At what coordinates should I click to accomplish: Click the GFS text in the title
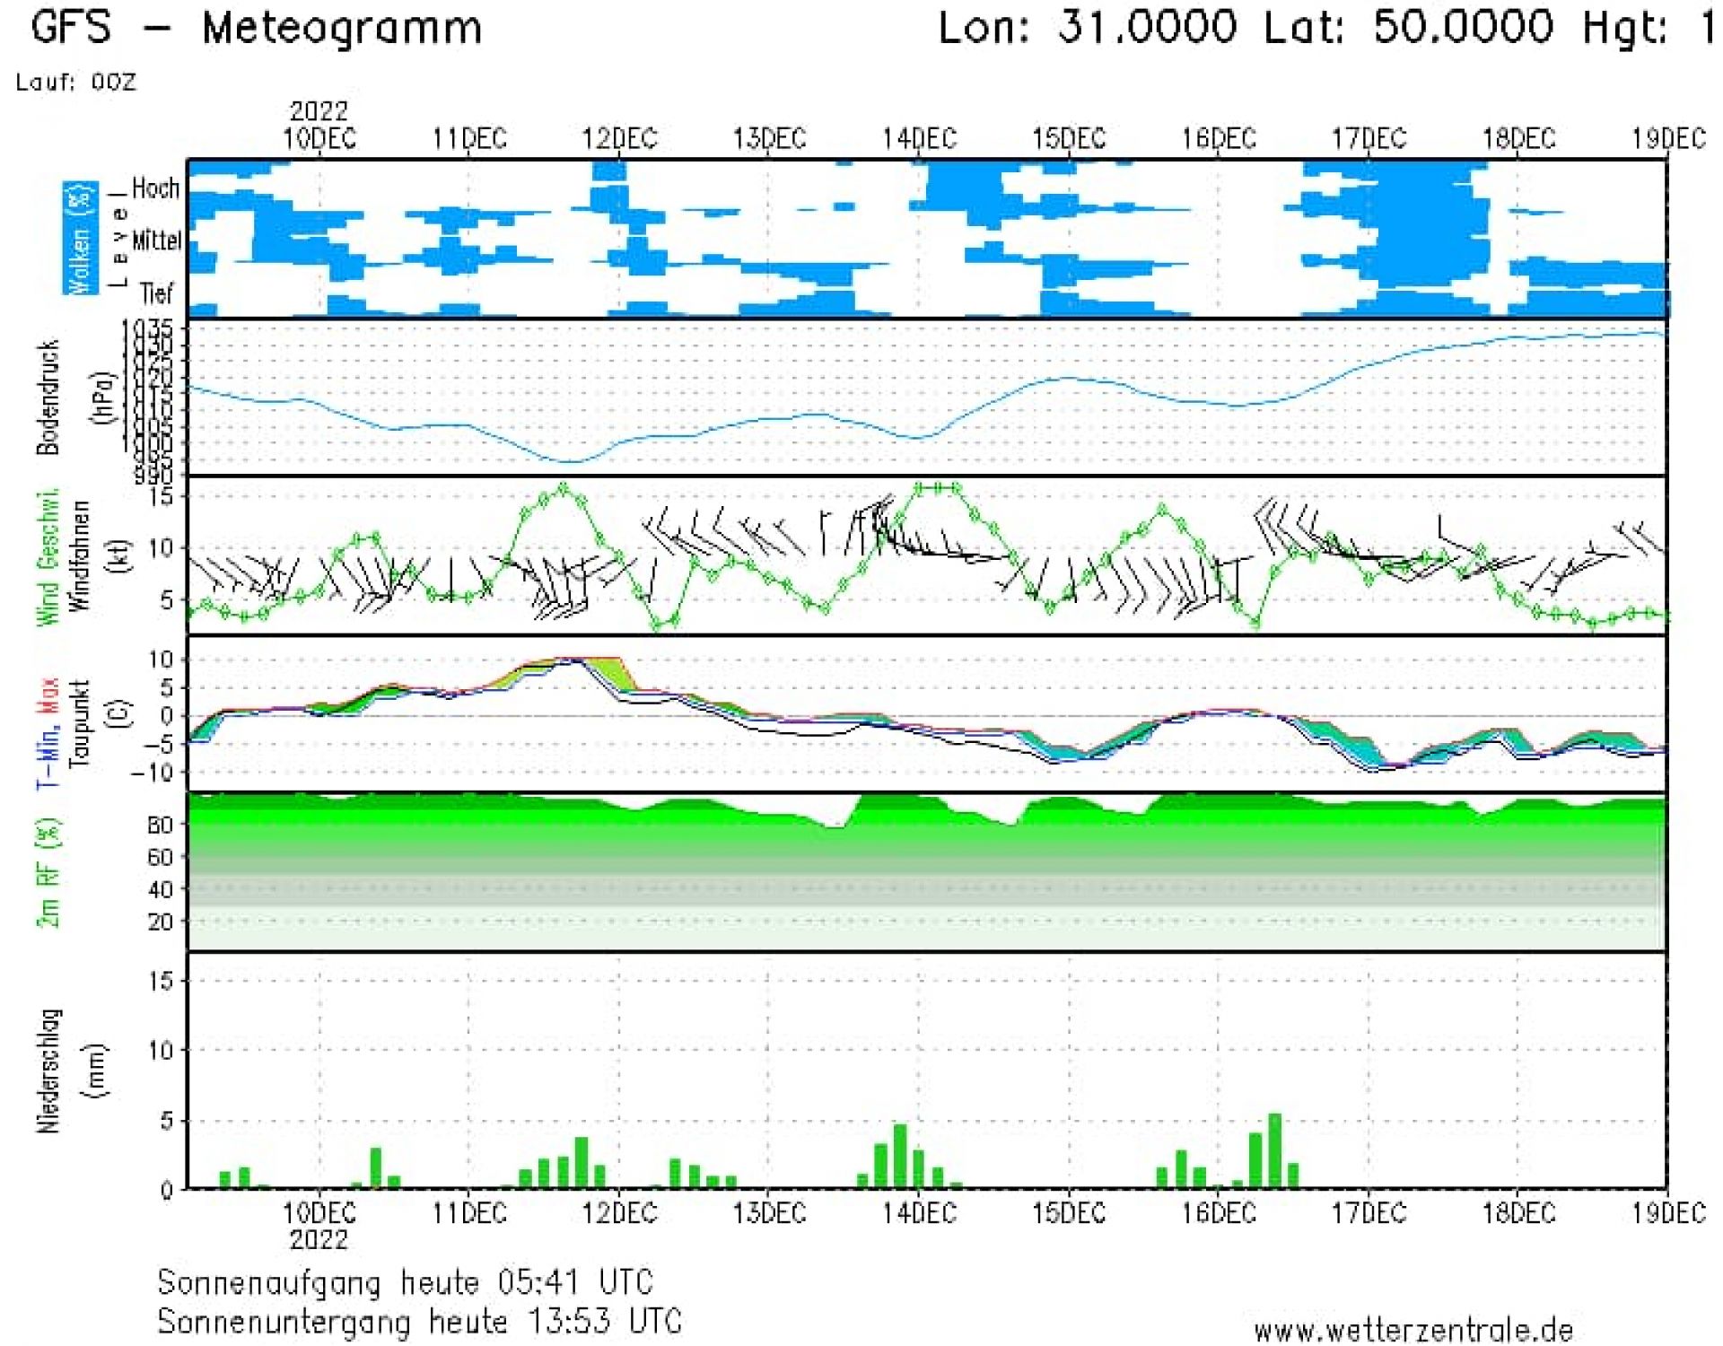click(71, 27)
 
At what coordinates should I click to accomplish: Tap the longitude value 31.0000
click(1146, 27)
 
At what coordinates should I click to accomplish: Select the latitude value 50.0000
click(1463, 27)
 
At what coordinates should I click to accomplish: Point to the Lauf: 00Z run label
click(76, 83)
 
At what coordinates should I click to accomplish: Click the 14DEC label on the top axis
click(919, 139)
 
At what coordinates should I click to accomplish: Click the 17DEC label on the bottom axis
click(1368, 1213)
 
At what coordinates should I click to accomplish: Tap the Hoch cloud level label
click(155, 188)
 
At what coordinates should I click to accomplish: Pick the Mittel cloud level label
click(156, 240)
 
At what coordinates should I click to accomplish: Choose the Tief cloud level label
click(156, 293)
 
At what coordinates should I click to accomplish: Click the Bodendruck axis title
click(48, 397)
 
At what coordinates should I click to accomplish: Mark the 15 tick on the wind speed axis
click(161, 495)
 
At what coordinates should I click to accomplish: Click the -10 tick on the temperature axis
click(150, 772)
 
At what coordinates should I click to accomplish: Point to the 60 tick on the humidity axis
click(160, 857)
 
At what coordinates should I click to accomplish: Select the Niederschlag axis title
click(49, 1071)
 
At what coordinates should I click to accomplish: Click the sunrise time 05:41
click(538, 1281)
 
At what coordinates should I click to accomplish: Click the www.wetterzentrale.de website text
click(1413, 1329)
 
